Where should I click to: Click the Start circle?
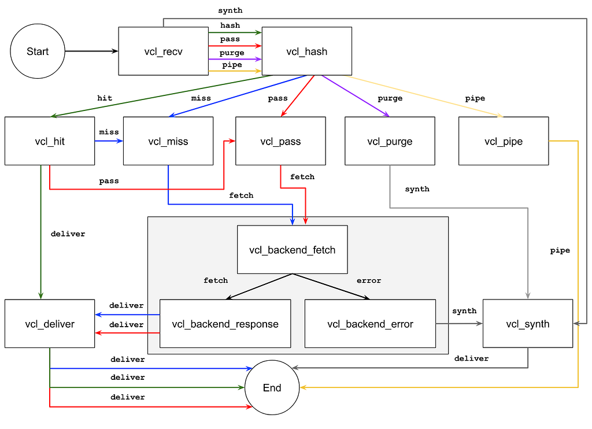click(38, 51)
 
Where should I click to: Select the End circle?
click(272, 387)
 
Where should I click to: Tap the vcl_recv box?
click(164, 51)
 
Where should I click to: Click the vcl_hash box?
click(307, 51)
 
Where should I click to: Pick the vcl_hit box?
click(50, 141)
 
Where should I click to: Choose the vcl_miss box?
click(168, 141)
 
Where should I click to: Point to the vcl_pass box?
click(280, 141)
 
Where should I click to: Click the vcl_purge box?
click(390, 141)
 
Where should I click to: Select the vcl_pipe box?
click(504, 141)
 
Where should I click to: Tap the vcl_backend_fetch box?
click(292, 250)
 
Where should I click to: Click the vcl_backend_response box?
click(225, 324)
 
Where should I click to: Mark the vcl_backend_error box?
click(371, 324)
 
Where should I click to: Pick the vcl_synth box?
click(528, 324)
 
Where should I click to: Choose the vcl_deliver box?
click(50, 324)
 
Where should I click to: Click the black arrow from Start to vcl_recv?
click(92, 51)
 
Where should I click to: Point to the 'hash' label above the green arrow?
click(230, 25)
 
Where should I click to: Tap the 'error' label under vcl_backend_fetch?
click(369, 280)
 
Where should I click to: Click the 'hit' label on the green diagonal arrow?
click(105, 98)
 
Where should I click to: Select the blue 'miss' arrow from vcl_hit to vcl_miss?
click(109, 141)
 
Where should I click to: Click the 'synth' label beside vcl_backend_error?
click(464, 311)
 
